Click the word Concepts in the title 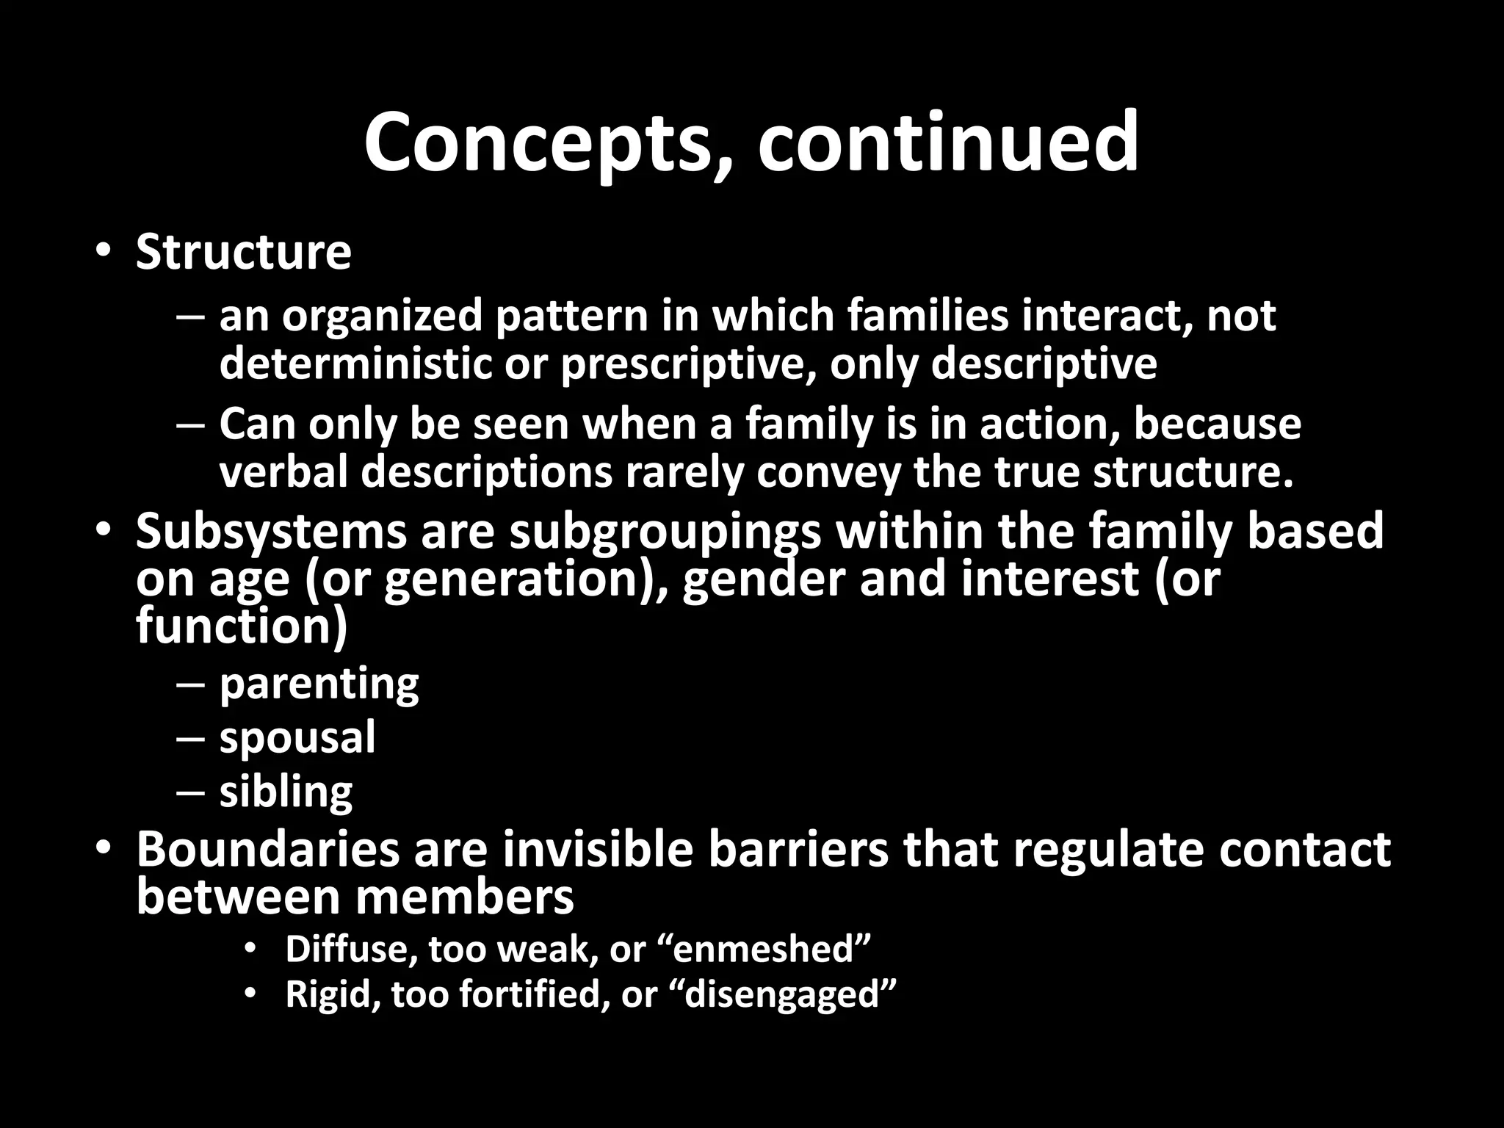click(540, 143)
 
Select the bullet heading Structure click(243, 253)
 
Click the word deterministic click(355, 364)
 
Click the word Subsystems click(270, 532)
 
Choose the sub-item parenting click(319, 684)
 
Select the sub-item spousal click(297, 738)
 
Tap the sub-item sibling click(286, 792)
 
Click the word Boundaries click(267, 849)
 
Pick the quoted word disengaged click(790, 995)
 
